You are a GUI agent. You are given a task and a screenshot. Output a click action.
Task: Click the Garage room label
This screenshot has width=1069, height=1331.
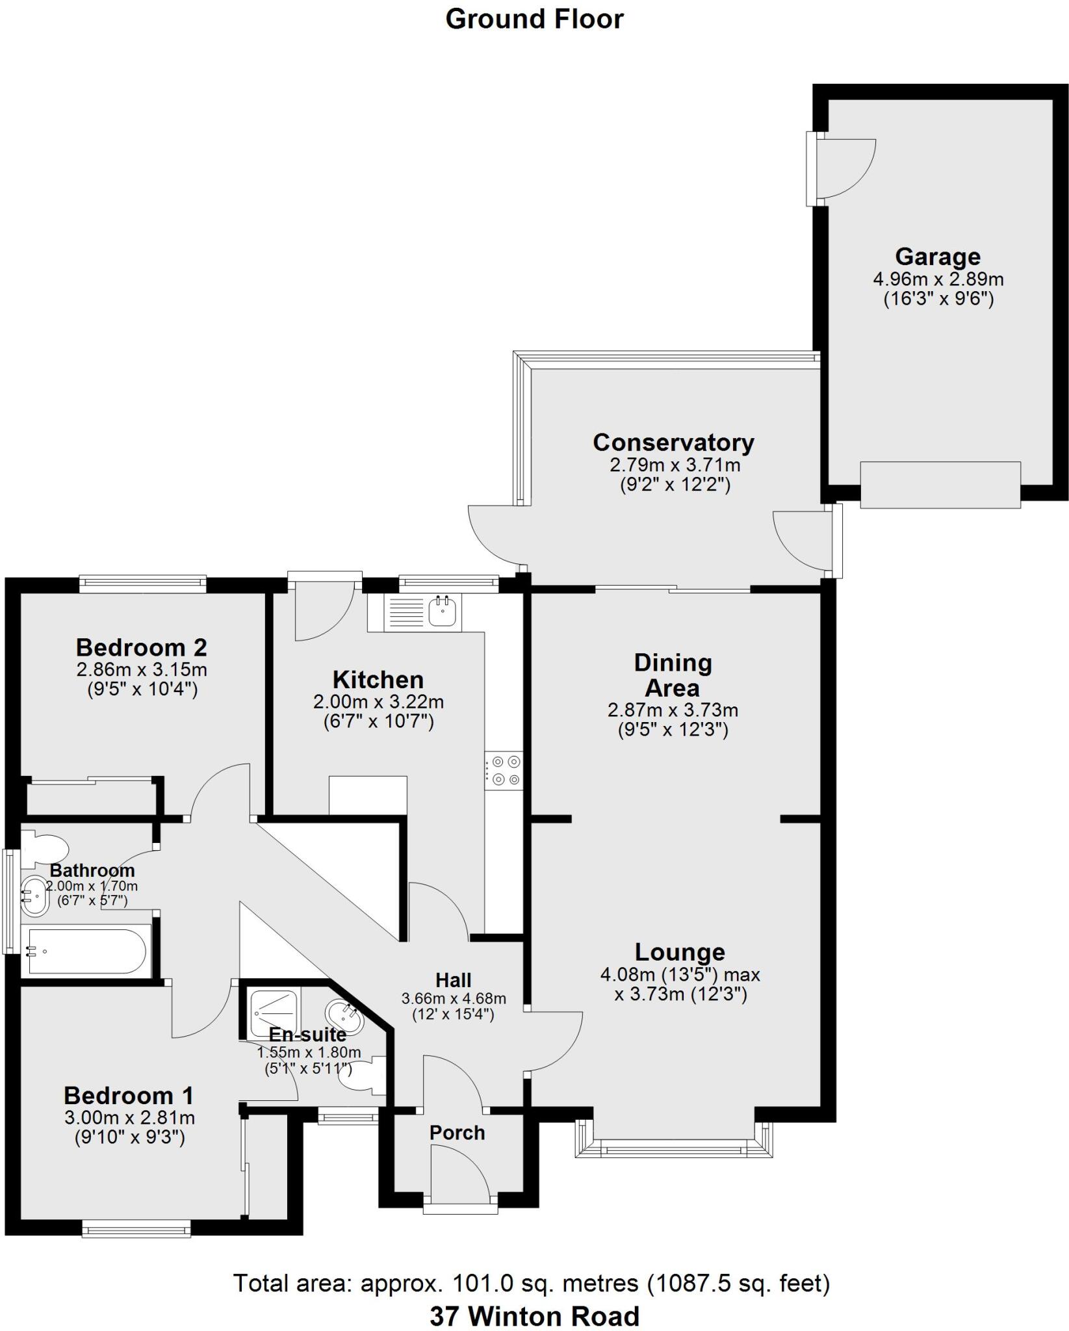(x=937, y=257)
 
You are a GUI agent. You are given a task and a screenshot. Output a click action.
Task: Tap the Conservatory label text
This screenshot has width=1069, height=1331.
(x=673, y=443)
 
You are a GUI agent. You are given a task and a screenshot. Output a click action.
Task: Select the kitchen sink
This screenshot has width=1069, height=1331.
(x=444, y=611)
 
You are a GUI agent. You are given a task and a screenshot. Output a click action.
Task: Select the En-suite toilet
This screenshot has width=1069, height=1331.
(x=364, y=1077)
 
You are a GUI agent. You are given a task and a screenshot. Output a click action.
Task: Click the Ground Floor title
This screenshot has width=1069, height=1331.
(x=534, y=19)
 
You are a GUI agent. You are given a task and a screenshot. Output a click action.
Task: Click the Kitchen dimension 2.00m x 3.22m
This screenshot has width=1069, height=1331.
(x=378, y=702)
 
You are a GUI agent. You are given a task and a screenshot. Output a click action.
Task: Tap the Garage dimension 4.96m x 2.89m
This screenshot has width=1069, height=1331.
(x=938, y=279)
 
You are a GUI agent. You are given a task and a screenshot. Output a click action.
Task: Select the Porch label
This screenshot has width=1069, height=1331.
(x=457, y=1133)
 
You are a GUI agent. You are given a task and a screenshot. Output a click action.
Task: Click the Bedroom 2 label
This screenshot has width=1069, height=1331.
(x=142, y=647)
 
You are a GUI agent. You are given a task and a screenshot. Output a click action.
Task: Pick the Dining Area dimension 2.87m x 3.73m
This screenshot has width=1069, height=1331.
(x=673, y=710)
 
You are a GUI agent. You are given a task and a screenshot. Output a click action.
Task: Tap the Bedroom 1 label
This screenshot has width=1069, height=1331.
(x=129, y=1096)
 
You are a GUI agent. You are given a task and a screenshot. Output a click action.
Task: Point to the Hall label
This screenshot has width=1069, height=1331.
(x=453, y=980)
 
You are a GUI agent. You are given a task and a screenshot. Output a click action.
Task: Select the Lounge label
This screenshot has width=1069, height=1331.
(x=680, y=952)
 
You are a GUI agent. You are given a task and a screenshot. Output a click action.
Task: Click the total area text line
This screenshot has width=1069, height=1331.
(x=532, y=1284)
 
